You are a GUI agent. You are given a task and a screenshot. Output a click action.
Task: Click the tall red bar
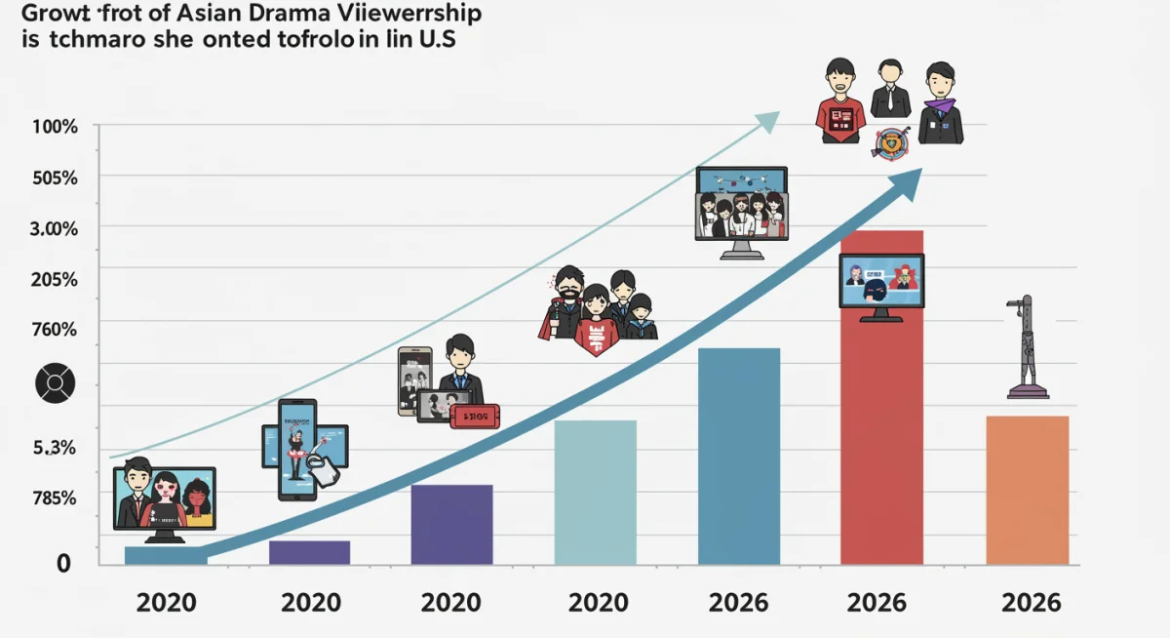tap(881, 439)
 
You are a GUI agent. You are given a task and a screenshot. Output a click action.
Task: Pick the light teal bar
tap(595, 493)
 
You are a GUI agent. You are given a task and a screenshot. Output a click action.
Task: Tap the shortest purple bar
tap(309, 552)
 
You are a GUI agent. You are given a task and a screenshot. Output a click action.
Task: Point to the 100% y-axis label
tap(55, 127)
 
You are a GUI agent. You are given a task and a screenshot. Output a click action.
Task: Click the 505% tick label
tap(55, 178)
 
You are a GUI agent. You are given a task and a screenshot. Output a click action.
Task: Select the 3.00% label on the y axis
tap(55, 228)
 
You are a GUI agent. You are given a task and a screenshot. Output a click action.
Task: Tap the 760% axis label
tap(55, 330)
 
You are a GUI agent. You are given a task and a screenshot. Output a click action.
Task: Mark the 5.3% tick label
tap(55, 449)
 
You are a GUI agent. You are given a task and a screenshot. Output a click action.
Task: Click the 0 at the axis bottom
tap(64, 563)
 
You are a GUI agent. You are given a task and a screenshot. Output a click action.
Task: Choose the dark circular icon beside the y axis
tap(55, 384)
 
